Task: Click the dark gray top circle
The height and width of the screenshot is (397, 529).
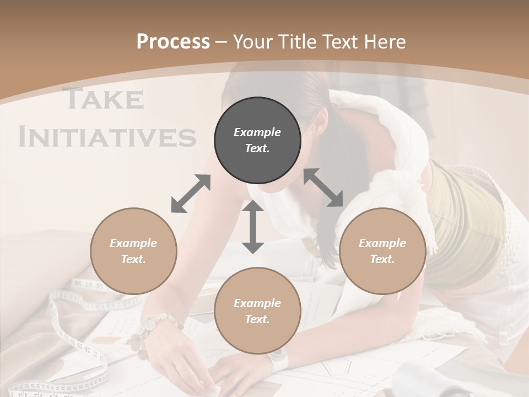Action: pos(257,141)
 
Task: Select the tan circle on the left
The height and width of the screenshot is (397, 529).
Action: pos(133,251)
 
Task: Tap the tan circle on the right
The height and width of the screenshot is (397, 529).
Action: pos(382,251)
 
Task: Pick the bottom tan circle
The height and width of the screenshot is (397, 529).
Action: pos(257,311)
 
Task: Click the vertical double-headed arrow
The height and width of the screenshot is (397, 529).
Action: pos(253,227)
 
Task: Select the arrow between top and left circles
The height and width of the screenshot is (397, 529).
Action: pos(191,194)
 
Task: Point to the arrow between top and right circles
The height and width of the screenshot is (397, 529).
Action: pos(323,188)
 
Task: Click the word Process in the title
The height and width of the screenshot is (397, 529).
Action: pos(173,41)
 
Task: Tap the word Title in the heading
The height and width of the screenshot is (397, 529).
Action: pos(299,41)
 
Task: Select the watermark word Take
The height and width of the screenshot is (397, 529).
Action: pos(104,99)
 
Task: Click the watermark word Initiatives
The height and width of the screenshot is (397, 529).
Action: pos(107,137)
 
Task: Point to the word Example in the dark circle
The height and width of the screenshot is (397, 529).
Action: pos(257,132)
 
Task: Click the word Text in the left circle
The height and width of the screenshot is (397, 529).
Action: pos(133,259)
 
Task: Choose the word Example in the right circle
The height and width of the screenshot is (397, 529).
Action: pos(382,243)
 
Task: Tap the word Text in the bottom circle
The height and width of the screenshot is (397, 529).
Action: pos(257,319)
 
